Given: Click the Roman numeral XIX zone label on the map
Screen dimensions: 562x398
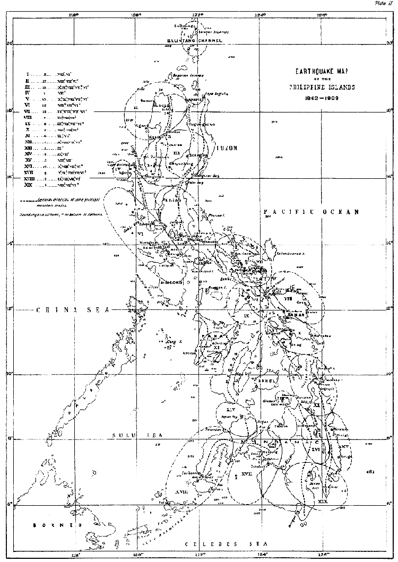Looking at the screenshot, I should [321, 500].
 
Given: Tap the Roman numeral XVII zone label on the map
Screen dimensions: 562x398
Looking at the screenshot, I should [246, 473].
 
